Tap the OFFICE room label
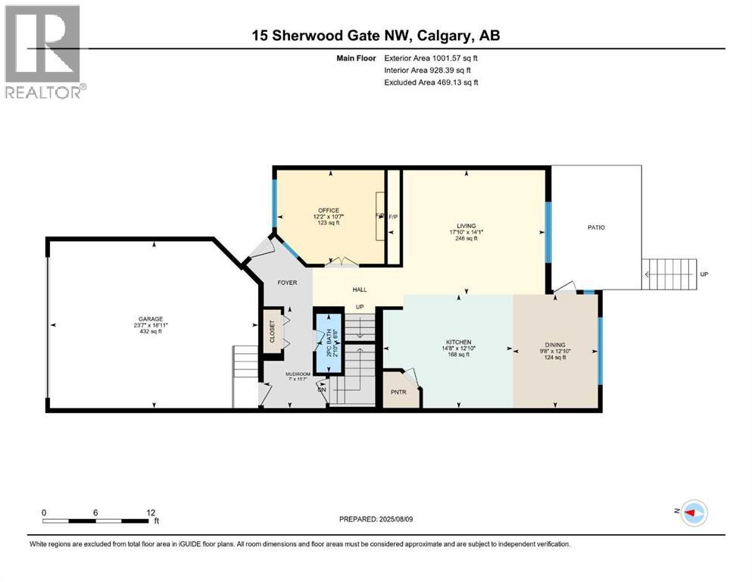(329, 211)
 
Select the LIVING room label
(466, 225)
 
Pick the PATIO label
(595, 227)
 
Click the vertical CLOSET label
(272, 330)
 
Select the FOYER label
(286, 283)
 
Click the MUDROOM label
(298, 374)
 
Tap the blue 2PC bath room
(328, 342)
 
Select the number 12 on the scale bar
(151, 512)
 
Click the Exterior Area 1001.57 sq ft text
(431, 58)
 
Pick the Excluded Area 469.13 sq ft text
(431, 82)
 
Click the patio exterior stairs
(669, 274)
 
